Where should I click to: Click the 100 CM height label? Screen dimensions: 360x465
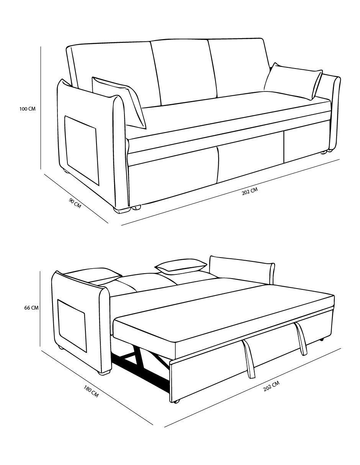point(28,109)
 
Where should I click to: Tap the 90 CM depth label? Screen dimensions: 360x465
point(75,203)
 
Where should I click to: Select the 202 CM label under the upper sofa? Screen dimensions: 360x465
point(250,191)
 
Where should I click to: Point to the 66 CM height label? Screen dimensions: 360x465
point(31,308)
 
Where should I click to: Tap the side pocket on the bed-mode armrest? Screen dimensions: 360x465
point(72,325)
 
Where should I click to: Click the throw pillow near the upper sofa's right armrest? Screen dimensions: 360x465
point(293,81)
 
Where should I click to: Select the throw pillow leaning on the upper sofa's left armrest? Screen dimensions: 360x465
point(119,102)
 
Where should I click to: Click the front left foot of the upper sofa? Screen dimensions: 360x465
point(122,210)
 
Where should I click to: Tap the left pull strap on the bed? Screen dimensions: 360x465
point(249,359)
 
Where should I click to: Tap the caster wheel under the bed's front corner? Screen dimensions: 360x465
point(176,401)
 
